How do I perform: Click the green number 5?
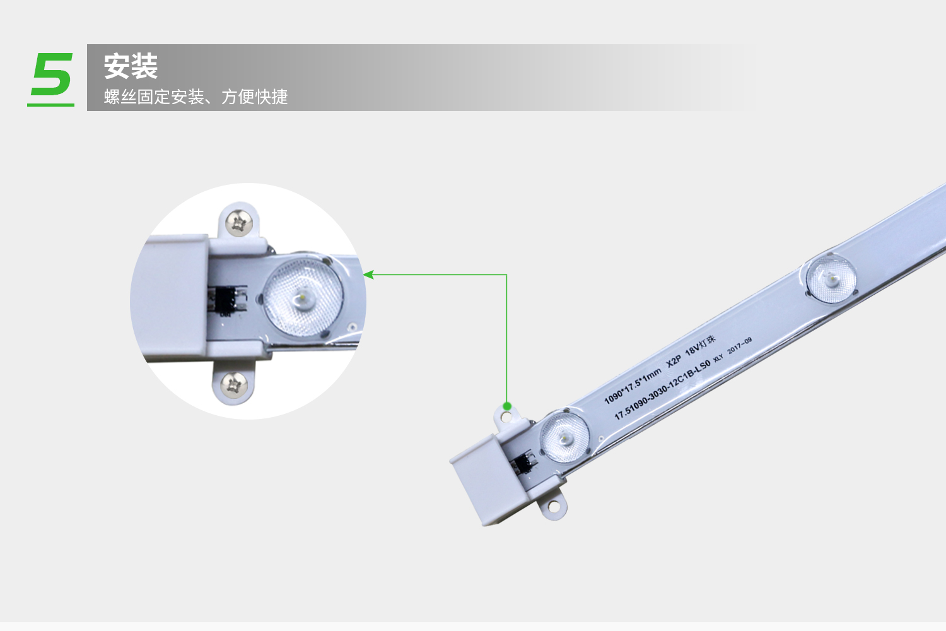(52, 74)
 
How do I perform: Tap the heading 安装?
(131, 66)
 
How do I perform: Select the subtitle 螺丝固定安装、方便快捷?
(196, 97)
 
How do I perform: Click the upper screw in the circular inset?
(239, 223)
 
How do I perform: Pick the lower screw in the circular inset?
(233, 385)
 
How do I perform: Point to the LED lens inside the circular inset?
(303, 297)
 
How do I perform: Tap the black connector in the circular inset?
(227, 301)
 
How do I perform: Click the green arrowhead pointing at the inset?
(368, 274)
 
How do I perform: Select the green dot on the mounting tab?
(507, 406)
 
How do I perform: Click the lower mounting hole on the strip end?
(553, 506)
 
